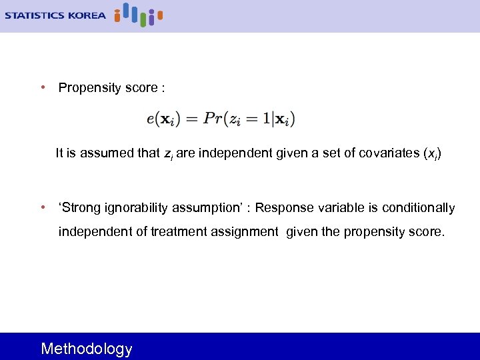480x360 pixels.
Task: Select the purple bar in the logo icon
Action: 151,18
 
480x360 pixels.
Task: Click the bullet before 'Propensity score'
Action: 43,87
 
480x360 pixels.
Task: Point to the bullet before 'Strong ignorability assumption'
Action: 43,207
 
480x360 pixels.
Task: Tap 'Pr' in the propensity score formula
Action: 213,119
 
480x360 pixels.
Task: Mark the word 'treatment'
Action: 179,232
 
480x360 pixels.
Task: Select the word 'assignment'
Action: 245,232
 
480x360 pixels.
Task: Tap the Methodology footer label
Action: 87,349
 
